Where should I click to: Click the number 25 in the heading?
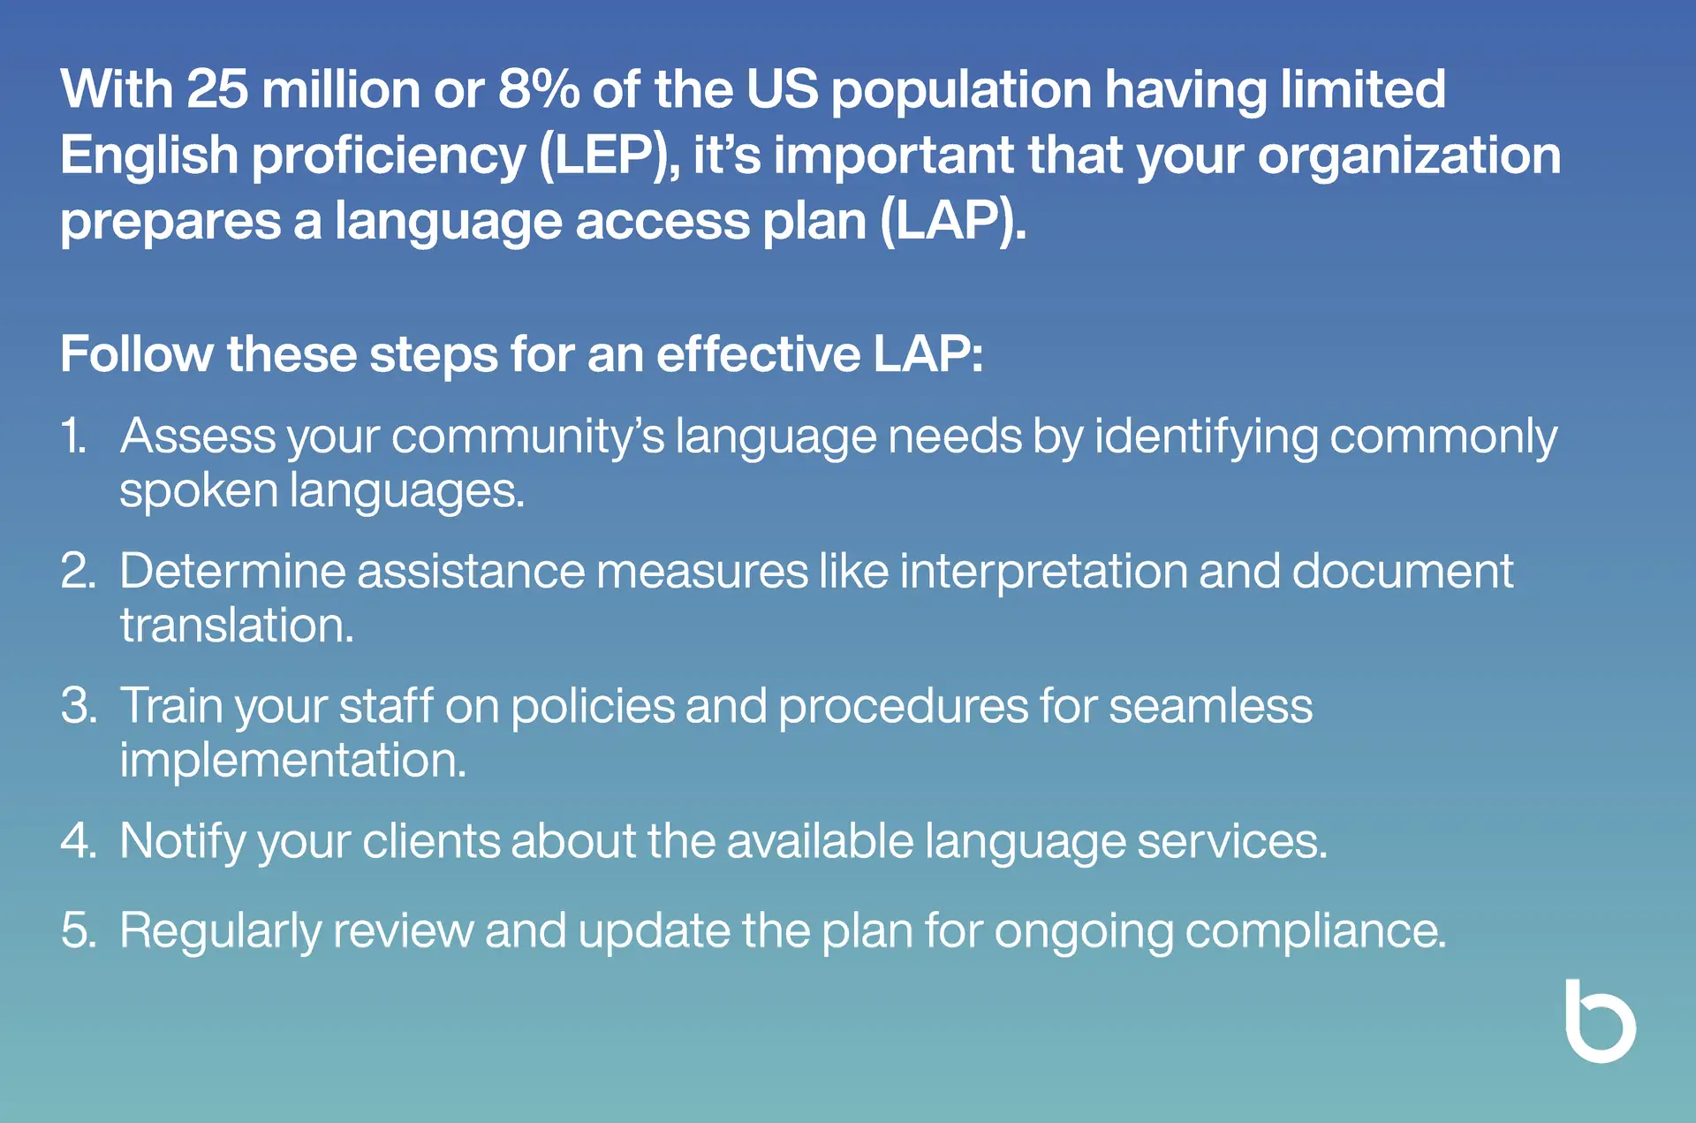pyautogui.click(x=217, y=89)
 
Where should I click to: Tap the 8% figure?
pyautogui.click(x=539, y=89)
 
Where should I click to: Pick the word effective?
pyautogui.click(x=758, y=354)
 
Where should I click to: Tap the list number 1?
pyautogui.click(x=73, y=436)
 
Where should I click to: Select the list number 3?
pyautogui.click(x=79, y=706)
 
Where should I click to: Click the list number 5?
pyautogui.click(x=79, y=930)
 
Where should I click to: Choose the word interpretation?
pyautogui.click(x=1043, y=573)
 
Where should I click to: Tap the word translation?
pyautogui.click(x=237, y=626)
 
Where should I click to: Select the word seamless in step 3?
pyautogui.click(x=1210, y=707)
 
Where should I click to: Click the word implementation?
pyautogui.click(x=292, y=760)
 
